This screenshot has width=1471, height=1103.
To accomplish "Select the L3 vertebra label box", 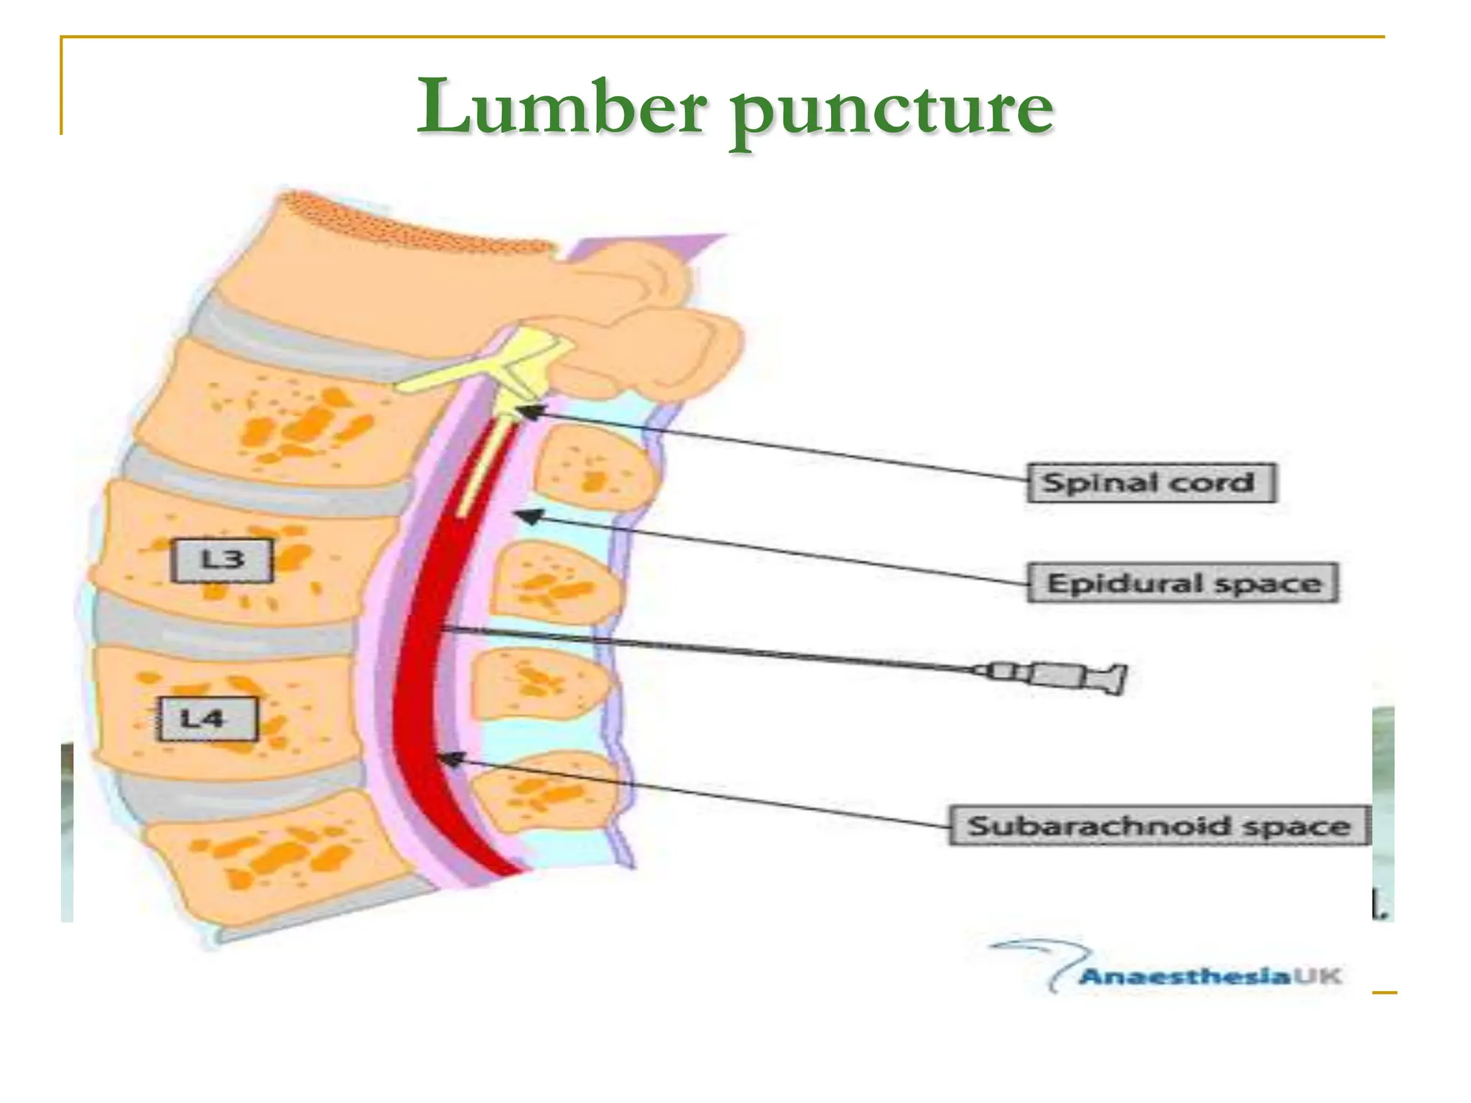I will [x=222, y=560].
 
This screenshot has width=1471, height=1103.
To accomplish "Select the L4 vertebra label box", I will [x=207, y=719].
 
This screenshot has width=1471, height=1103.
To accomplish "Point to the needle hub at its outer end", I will [x=1110, y=678].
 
